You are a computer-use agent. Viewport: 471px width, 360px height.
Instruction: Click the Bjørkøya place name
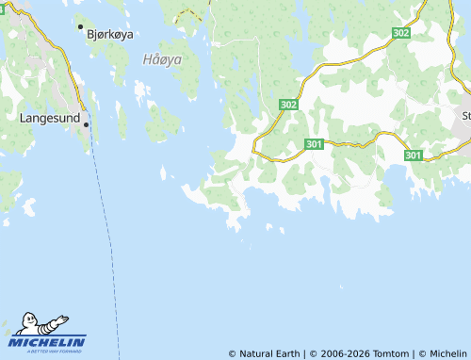pos(109,33)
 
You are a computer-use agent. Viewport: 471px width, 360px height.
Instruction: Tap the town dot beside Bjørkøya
pos(80,27)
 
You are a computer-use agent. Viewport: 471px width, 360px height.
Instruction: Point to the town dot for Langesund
pos(86,124)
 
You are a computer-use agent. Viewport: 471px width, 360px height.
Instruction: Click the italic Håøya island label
pos(162,58)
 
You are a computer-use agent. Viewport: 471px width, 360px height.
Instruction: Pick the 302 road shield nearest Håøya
pos(289,105)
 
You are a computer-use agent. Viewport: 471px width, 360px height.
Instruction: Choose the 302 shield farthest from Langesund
pos(401,33)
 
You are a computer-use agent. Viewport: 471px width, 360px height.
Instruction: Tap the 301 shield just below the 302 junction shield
pos(315,144)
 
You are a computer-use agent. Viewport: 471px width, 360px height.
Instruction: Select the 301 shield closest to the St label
pos(414,155)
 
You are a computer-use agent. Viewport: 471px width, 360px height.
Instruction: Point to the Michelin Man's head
pos(39,320)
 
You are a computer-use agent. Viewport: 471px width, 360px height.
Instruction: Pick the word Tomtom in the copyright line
pos(393,353)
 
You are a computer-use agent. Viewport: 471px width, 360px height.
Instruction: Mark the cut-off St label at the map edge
pos(465,116)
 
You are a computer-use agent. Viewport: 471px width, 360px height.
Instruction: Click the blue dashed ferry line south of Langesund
pos(106,236)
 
